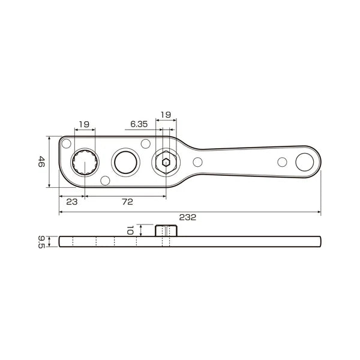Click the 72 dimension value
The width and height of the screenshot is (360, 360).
(127, 202)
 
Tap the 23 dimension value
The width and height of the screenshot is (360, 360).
(71, 202)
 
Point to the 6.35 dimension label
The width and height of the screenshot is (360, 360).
(139, 124)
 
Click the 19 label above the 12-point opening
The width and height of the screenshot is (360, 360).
(83, 124)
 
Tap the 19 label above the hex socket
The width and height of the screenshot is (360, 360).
(166, 114)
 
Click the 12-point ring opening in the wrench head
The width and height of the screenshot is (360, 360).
(83, 162)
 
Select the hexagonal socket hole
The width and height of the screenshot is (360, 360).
(166, 162)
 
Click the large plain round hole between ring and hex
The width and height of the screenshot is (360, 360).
(125, 162)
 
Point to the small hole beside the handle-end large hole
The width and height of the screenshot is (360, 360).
(281, 161)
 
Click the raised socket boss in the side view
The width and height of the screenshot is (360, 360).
(166, 230)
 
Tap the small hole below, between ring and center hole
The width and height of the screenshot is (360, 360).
(106, 180)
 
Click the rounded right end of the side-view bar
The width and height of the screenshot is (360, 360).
(319, 241)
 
